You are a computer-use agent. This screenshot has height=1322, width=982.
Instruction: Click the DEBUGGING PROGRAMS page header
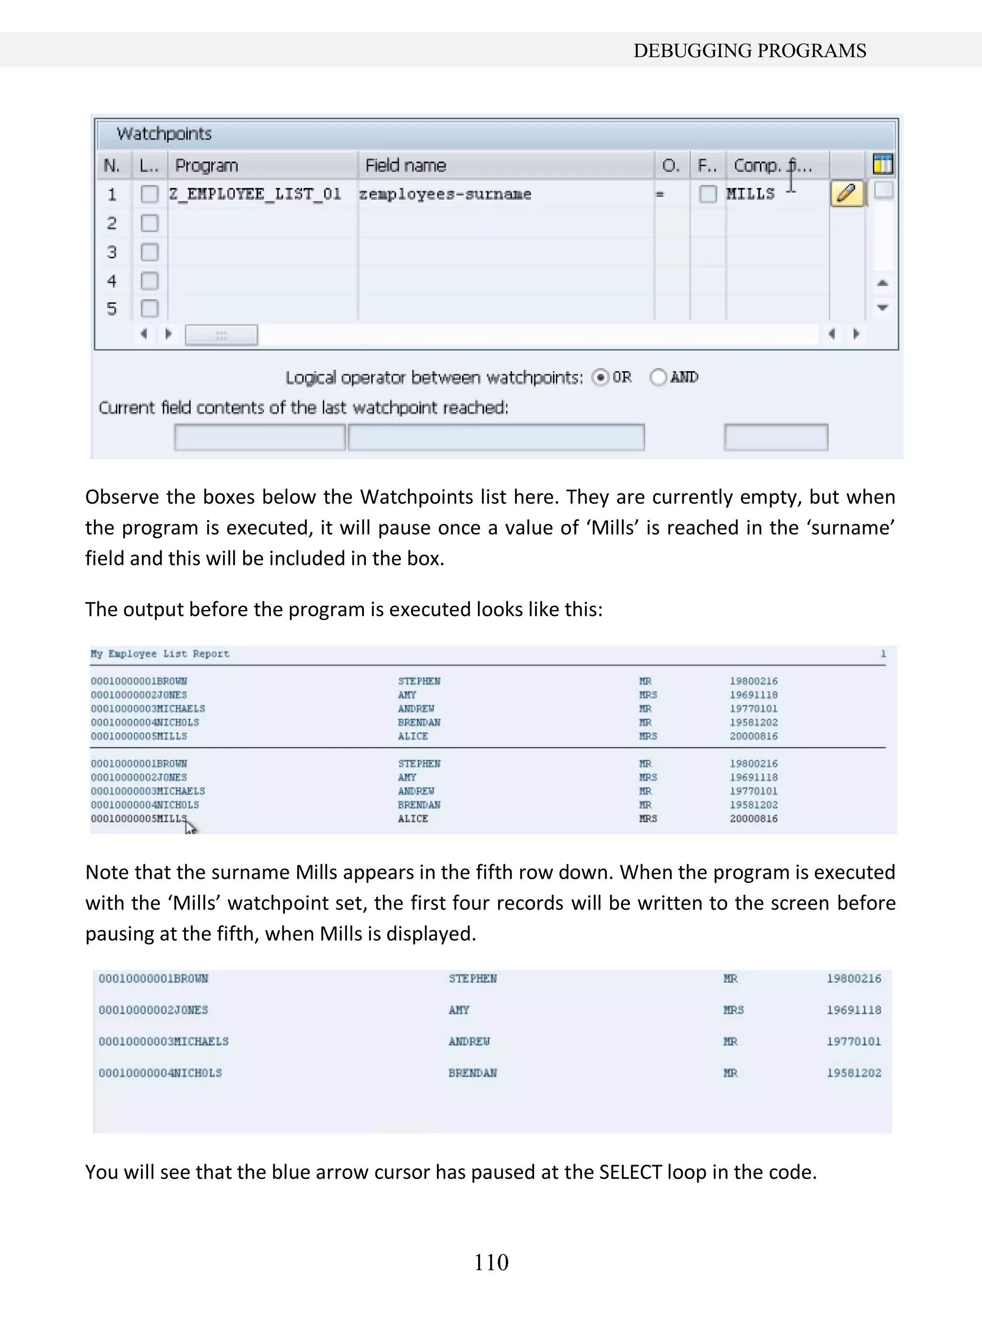[x=749, y=50]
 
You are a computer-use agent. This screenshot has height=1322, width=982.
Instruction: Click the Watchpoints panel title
[x=164, y=134]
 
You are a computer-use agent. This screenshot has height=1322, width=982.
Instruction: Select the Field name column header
[x=405, y=165]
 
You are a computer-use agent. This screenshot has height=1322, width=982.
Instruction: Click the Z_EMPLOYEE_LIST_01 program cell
[x=255, y=194]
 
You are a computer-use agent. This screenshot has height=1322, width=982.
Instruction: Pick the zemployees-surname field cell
[x=444, y=194]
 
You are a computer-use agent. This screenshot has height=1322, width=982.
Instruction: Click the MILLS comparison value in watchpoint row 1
[x=750, y=194]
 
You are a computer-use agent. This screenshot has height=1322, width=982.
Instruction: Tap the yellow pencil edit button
[x=846, y=194]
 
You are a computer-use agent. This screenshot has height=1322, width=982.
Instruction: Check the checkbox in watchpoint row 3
[x=149, y=252]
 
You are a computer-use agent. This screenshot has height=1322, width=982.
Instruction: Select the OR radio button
[x=600, y=377]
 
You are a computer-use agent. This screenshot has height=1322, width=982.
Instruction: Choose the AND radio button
[x=658, y=377]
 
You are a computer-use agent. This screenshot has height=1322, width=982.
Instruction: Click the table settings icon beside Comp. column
[x=883, y=164]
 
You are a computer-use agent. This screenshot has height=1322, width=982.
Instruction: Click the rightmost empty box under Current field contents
[x=775, y=437]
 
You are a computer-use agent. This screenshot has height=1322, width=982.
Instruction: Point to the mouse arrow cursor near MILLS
[x=189, y=826]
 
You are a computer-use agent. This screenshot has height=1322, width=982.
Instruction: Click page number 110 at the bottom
[x=491, y=1262]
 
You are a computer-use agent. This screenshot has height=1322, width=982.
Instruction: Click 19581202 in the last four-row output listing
[x=853, y=1073]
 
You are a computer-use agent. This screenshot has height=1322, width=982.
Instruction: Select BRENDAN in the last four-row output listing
[x=473, y=1073]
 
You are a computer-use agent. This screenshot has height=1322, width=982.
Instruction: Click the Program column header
[x=206, y=165]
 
